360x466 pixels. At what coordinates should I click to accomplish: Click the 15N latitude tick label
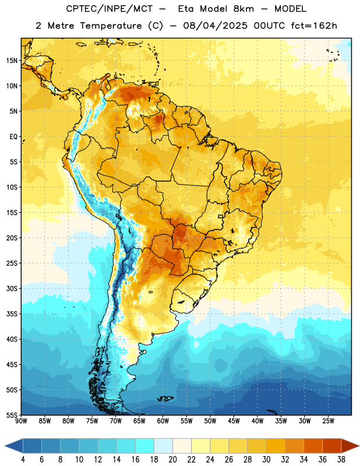point(12,61)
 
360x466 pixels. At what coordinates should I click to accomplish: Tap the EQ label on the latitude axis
point(13,137)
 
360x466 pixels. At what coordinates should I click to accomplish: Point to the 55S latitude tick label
point(12,415)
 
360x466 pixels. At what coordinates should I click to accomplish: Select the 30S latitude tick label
point(12,288)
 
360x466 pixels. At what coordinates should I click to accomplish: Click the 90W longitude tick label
point(21,421)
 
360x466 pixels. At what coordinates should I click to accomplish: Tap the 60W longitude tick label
point(163,421)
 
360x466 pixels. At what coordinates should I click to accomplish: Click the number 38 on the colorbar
point(341,460)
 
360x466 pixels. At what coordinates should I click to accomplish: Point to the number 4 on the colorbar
point(23,460)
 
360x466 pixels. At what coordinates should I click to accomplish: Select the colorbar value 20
point(172,460)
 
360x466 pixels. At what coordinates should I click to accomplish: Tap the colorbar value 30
point(266,460)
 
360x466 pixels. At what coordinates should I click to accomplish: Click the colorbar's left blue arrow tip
point(5,446)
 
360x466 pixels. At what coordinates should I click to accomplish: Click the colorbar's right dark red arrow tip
point(359,446)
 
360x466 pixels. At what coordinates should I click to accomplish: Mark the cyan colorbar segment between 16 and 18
point(144,446)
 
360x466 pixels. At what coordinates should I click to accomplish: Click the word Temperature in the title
point(111,26)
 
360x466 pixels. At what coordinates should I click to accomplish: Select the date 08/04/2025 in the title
point(215,26)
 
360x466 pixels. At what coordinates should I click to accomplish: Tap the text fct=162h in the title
point(314,26)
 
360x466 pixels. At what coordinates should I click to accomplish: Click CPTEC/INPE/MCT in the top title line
point(110,9)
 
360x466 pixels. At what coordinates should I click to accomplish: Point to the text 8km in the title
point(243,9)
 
